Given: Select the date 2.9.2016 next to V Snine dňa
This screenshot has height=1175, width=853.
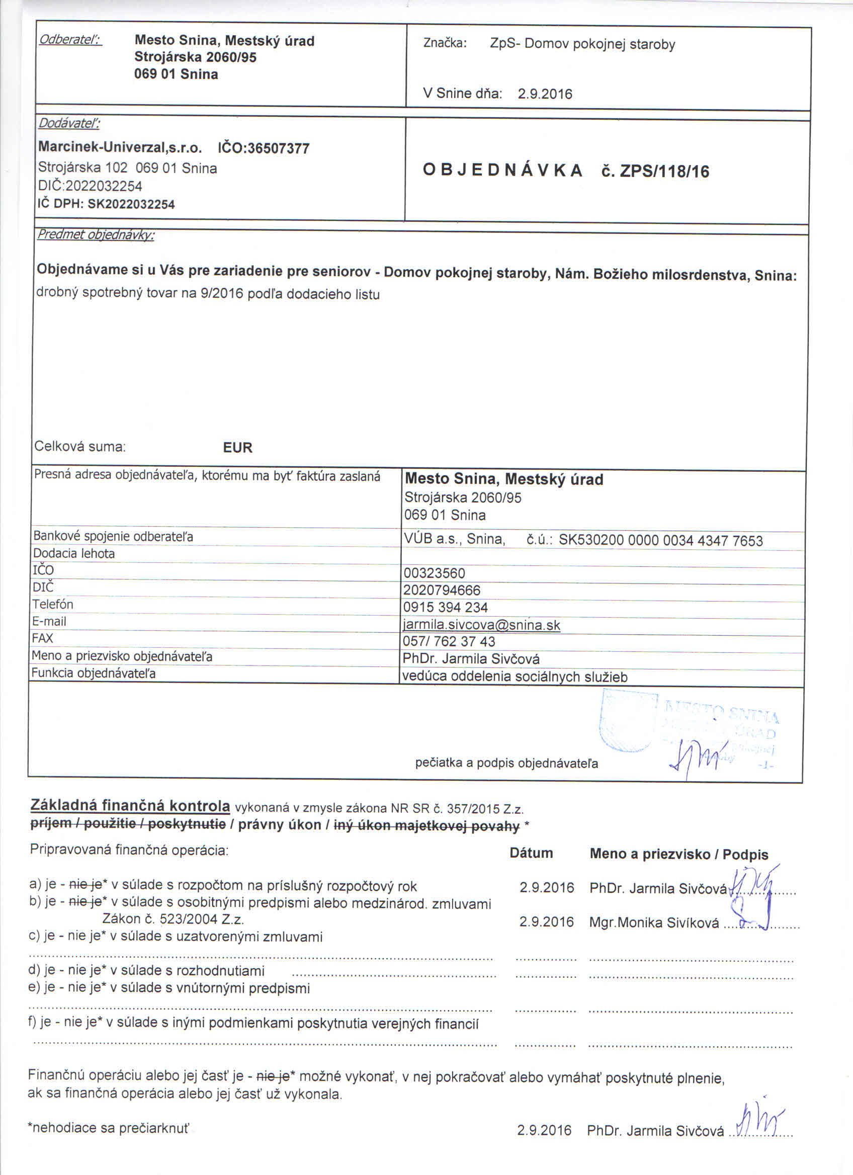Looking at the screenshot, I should [x=545, y=94].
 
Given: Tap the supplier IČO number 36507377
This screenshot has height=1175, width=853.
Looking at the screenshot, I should [x=278, y=149].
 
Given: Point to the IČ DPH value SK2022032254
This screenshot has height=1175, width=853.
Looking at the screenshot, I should [x=131, y=204].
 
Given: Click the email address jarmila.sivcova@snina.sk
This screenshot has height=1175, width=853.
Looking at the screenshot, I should [x=482, y=625].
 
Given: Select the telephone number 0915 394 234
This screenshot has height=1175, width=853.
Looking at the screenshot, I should [x=446, y=607].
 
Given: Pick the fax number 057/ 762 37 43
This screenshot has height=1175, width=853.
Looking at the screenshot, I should [x=449, y=641].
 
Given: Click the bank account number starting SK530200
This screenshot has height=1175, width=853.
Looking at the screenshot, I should [x=660, y=541].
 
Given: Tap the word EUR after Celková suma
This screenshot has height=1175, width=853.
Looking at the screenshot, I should [x=238, y=448].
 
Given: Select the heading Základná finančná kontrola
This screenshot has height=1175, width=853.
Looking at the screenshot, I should [x=130, y=806].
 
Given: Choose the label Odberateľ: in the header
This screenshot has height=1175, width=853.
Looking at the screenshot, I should [x=70, y=40].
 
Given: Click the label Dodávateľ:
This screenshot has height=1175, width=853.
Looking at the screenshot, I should [x=69, y=123].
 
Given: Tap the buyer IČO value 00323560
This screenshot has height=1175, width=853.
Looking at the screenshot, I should [x=434, y=573].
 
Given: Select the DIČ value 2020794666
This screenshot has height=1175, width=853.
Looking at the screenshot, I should [x=442, y=590].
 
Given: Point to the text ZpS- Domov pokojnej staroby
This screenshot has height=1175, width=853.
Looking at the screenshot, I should [x=582, y=44].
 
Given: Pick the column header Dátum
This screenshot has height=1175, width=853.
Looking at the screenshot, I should [x=531, y=853].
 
